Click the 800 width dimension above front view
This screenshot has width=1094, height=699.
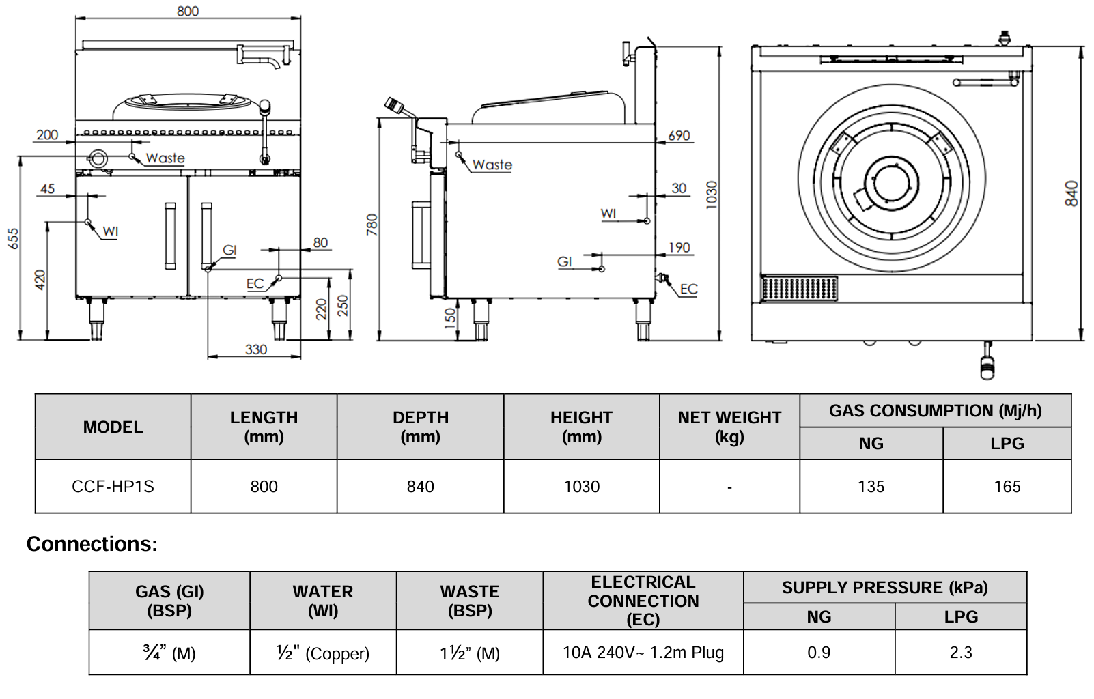coord(188,11)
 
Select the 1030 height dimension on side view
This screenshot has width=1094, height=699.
coord(712,194)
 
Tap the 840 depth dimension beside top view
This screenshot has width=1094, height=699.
coord(1071,193)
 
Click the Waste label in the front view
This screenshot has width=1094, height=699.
coord(165,158)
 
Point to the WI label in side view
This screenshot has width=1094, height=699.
coord(608,214)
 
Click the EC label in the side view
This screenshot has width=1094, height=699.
coord(688,289)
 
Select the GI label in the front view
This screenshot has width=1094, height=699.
coord(229,250)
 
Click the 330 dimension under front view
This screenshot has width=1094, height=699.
coord(256,349)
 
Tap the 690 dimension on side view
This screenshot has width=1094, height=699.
coord(679,135)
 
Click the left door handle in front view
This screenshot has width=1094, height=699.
coord(170,236)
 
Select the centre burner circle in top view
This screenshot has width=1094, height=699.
coord(890,183)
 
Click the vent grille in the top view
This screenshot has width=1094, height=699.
coord(799,288)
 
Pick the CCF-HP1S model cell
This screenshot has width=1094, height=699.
coord(113,487)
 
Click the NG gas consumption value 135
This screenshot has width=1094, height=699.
coord(871,487)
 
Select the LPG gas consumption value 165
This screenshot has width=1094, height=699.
coord(1007,487)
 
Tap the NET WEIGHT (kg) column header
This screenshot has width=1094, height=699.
coord(729,427)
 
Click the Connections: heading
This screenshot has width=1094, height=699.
coord(92,544)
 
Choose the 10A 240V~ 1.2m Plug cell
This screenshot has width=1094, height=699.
coord(643,653)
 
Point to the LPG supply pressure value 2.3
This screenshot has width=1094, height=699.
coord(960,653)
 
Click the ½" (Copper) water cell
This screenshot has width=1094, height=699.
coord(323,653)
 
